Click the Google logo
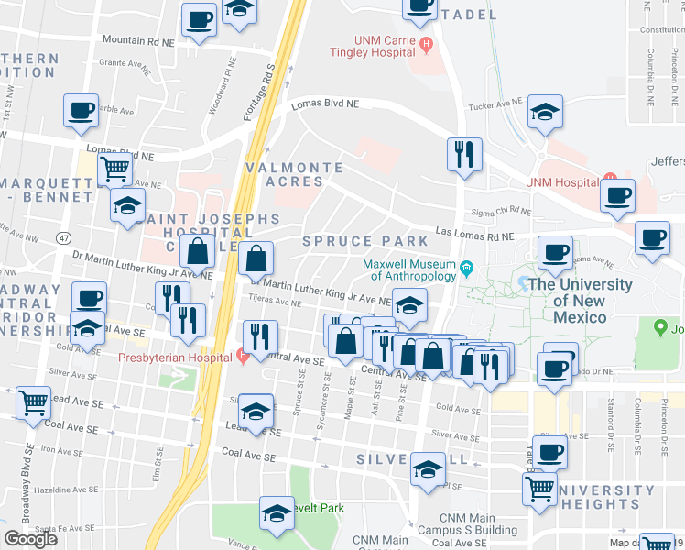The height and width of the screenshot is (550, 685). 31,538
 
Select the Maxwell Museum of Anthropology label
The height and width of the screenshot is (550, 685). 409,269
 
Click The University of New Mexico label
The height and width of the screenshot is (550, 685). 579,300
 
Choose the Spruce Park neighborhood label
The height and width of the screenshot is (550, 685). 365,241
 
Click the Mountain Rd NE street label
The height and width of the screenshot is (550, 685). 139,41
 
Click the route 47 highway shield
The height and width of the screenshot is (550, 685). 62,237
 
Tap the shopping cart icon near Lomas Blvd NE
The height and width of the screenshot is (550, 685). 114,168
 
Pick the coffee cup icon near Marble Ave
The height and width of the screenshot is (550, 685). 81,111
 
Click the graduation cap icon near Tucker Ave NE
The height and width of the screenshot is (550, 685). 545,113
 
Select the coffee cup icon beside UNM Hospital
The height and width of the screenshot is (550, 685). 618,194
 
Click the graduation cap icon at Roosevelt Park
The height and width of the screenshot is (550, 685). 276,513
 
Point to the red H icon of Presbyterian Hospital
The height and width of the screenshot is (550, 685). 242,356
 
